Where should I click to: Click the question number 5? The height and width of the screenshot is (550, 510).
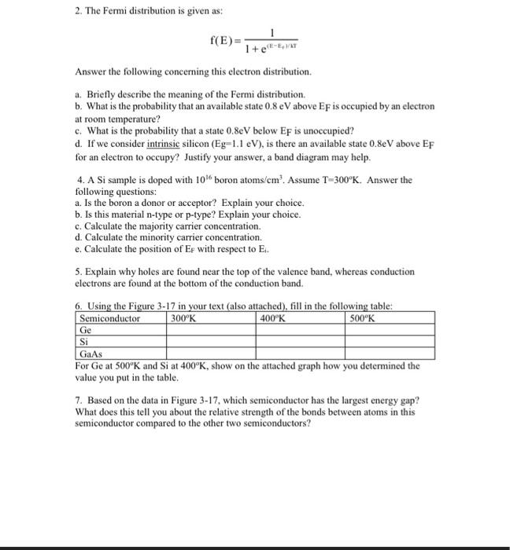click(79, 272)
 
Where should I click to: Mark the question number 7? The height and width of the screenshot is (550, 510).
click(79, 400)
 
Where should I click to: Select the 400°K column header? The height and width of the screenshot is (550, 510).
click(273, 319)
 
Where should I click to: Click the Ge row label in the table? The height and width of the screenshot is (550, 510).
click(87, 331)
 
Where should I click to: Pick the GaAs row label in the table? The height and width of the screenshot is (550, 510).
click(91, 354)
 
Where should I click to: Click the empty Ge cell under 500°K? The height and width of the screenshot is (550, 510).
click(390, 331)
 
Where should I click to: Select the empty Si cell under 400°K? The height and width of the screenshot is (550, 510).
click(301, 343)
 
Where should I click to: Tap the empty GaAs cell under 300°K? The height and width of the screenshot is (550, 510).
click(211, 354)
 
